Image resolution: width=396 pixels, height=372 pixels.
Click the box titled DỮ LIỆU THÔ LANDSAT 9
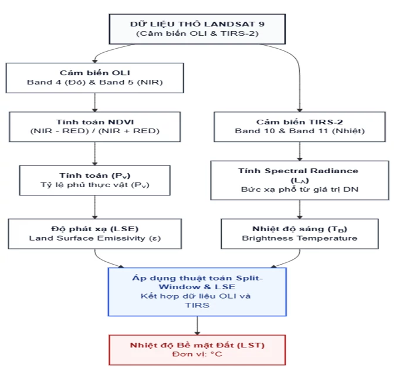coord(197,29)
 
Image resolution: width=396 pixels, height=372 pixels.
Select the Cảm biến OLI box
coord(94,78)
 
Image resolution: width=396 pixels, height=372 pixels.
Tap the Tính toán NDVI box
coord(94,127)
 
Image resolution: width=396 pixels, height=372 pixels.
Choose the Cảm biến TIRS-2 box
coord(300,127)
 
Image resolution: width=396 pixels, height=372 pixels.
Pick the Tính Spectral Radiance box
coord(300,180)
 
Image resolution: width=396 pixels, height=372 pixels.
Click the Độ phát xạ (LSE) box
coord(94,234)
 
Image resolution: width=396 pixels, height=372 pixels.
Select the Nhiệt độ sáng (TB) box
coord(300,234)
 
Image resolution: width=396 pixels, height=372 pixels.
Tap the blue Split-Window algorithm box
coord(197,292)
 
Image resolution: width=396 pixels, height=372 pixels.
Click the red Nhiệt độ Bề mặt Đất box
coord(197,350)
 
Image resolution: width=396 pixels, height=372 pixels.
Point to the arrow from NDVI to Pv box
coord(94,154)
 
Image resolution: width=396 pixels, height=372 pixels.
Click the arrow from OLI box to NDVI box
coord(94,103)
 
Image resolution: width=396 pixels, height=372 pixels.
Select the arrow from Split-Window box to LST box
coord(197,326)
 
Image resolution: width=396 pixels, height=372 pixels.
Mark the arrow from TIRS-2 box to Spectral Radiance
coord(300,151)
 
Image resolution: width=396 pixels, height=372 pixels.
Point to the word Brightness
coord(268,238)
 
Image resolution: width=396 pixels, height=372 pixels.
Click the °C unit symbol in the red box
coord(216,354)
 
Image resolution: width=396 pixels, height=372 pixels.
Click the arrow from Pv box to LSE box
coord(94,207)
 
